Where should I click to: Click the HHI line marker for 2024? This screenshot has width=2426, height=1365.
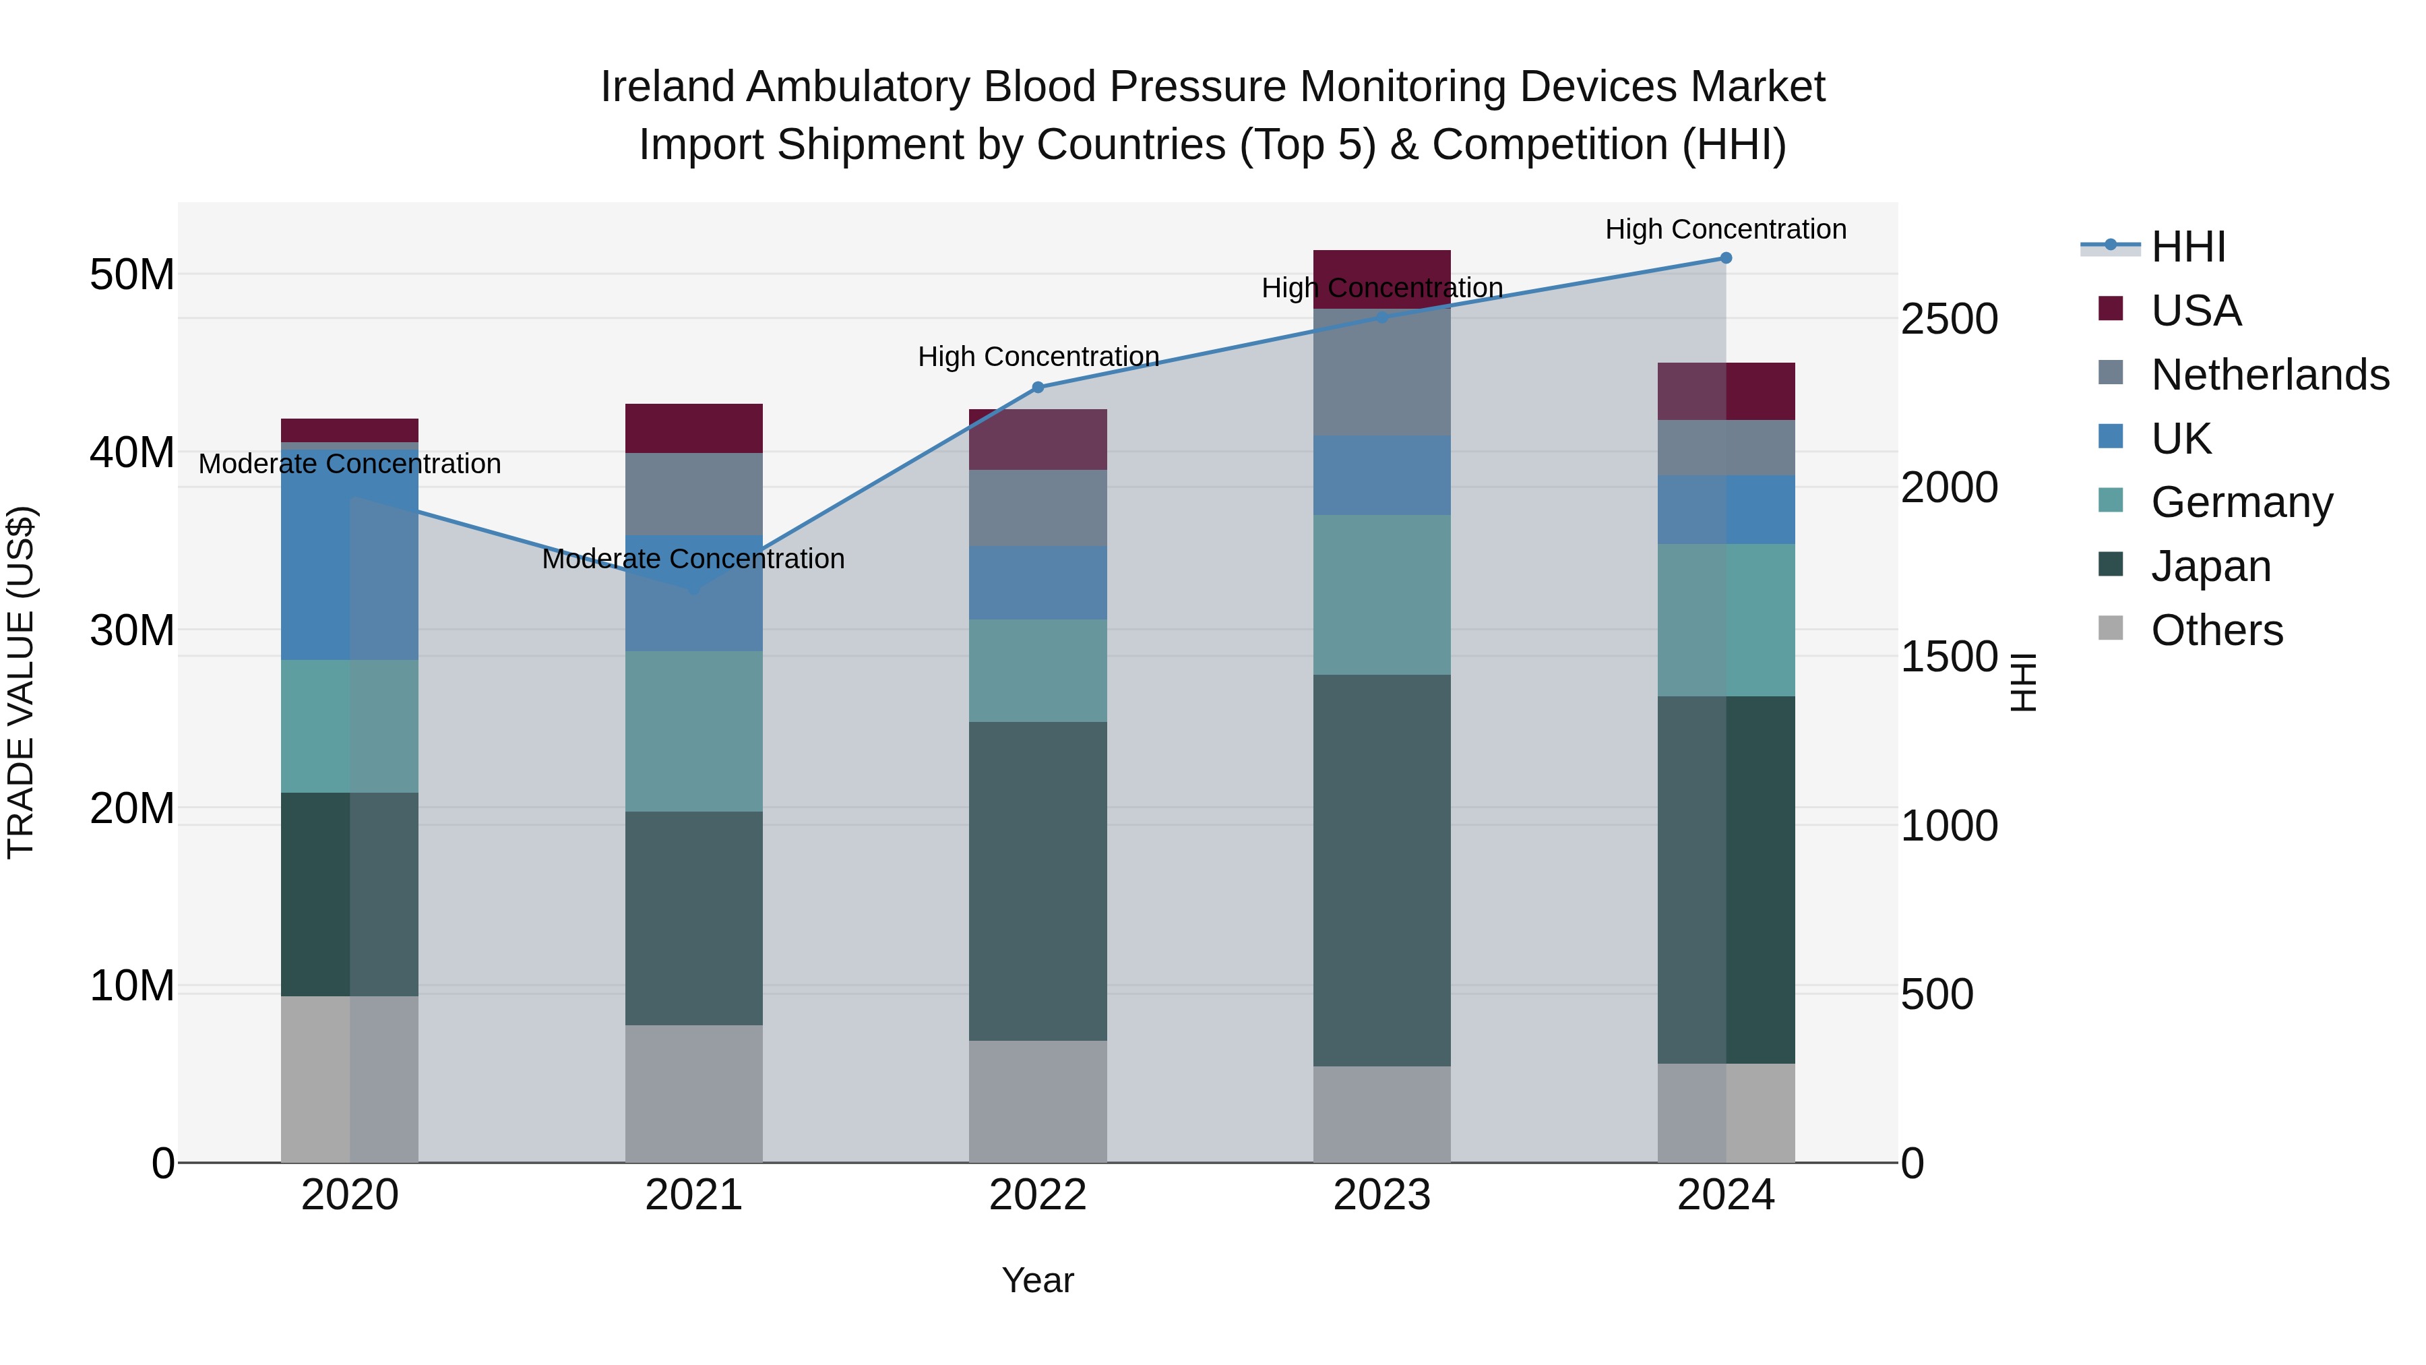coord(1725,258)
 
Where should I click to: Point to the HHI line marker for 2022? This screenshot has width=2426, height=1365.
coord(1038,387)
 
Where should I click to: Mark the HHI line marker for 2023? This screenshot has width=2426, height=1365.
coord(1381,317)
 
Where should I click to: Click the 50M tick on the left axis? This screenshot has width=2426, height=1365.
coord(132,275)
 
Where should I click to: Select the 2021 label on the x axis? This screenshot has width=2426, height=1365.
coord(694,1195)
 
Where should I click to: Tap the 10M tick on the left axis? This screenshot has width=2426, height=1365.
coord(132,985)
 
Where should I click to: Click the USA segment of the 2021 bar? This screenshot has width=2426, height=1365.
coord(694,429)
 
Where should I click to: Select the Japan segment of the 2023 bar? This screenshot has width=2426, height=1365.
coord(1381,870)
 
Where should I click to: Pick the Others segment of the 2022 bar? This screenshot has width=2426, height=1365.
coord(1038,1101)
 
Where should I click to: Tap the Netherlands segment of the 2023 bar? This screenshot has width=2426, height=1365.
coord(1381,372)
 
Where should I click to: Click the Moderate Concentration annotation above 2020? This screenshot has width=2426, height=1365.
coord(349,464)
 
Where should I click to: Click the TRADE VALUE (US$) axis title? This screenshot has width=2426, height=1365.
coord(21,682)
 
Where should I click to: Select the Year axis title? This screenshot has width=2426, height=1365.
coord(1038,1280)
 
